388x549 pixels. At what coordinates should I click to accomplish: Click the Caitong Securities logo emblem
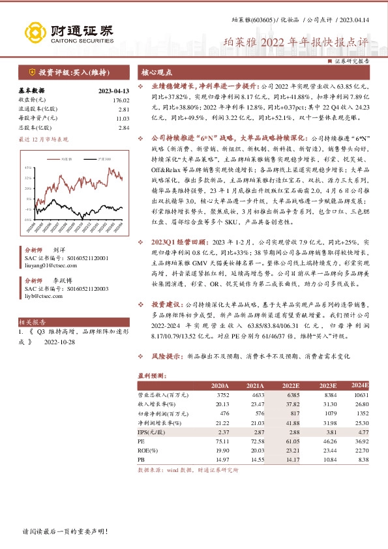[x=35, y=33]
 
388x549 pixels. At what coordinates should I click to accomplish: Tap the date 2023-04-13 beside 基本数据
[x=114, y=91]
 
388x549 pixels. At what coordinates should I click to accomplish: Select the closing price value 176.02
[x=121, y=100]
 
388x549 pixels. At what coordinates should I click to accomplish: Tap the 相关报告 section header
[x=31, y=321]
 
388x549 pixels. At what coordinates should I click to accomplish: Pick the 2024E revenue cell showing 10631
[x=359, y=394]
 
